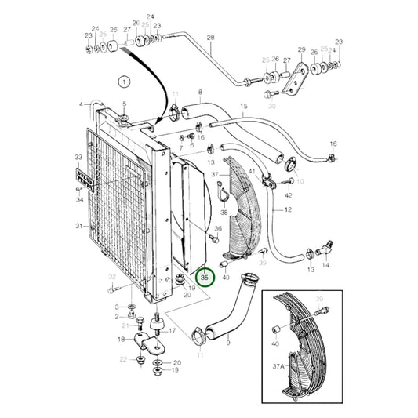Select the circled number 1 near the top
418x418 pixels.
coord(122,80)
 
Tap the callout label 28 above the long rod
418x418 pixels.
coord(210,38)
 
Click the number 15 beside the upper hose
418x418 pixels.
coord(243,106)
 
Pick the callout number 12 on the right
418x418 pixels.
coord(287,210)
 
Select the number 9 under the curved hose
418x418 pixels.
coord(228,343)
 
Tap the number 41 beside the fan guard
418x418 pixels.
coord(251,171)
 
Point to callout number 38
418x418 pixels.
coord(224,212)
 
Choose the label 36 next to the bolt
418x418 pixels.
coord(218,229)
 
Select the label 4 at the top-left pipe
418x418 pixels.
coord(81,104)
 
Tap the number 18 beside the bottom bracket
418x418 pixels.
coord(121,339)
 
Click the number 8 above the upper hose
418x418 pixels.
coord(200,93)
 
